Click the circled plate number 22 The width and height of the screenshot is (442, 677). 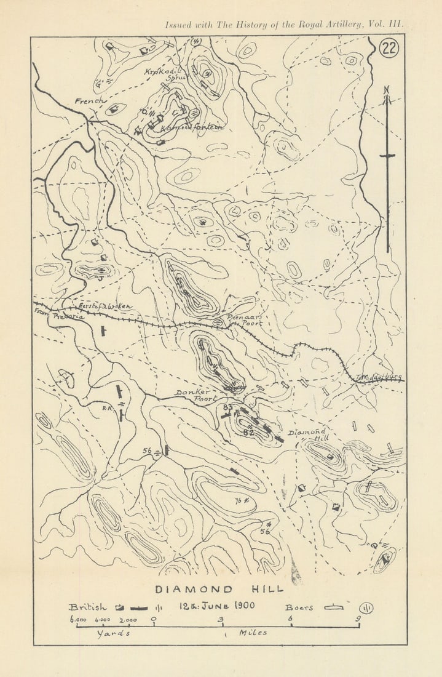pos(389,49)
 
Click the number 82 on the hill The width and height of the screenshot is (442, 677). pos(248,433)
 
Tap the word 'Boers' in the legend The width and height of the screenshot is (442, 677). pos(299,607)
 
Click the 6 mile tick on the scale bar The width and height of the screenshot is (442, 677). pos(291,625)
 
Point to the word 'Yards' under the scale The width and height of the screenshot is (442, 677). pos(114,634)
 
